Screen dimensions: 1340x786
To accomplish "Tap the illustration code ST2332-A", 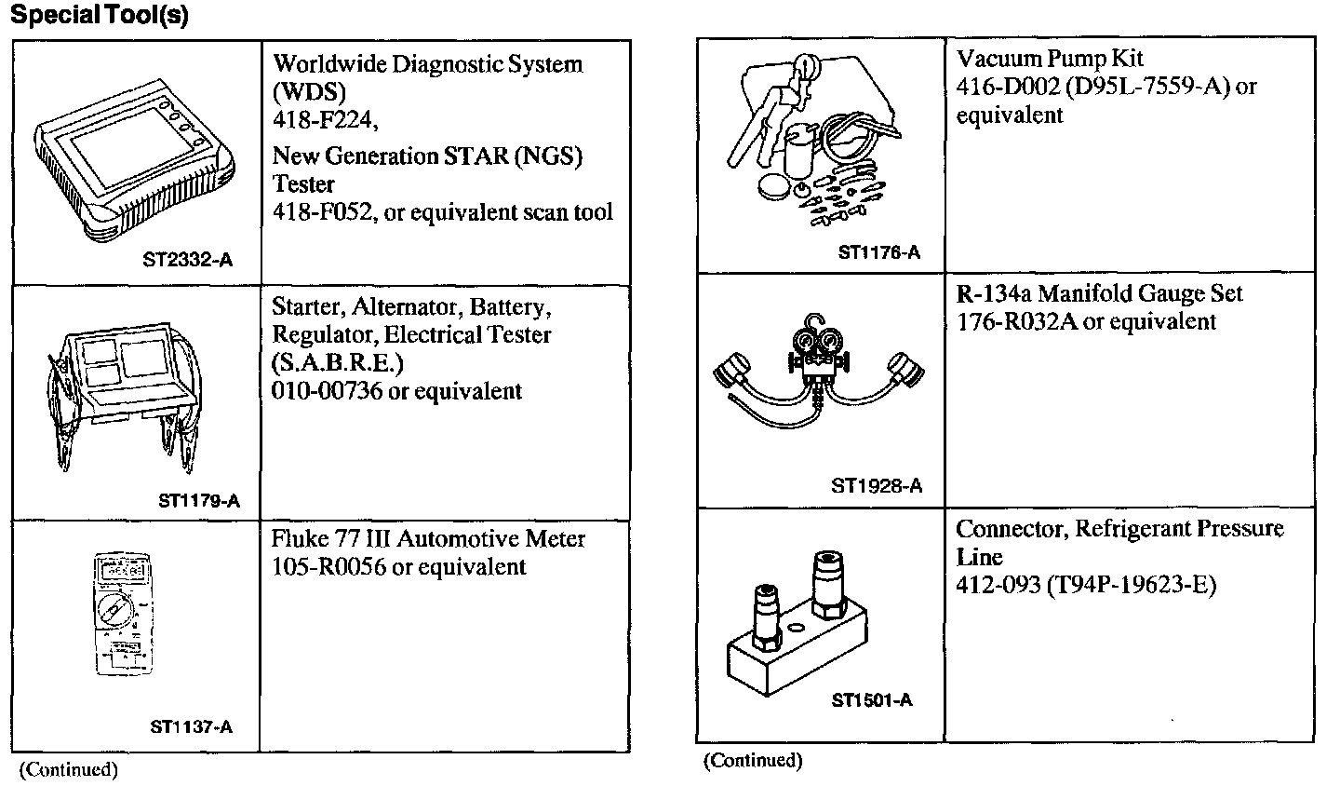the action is (187, 261).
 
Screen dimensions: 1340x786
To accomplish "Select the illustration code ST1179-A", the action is (199, 501).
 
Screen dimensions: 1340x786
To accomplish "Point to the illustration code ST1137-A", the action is (191, 726).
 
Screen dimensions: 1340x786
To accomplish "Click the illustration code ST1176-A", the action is (878, 252).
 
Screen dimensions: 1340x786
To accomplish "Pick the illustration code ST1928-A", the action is (877, 485).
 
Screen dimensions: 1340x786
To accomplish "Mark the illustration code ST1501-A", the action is (872, 700).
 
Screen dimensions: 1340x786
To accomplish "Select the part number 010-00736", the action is (327, 391).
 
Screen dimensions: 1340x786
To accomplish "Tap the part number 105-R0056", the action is (328, 567).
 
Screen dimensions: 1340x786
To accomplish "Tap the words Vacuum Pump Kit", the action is (1050, 59).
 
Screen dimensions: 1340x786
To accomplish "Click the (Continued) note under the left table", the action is (69, 769).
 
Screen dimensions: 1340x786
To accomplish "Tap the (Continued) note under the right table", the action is (752, 761).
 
